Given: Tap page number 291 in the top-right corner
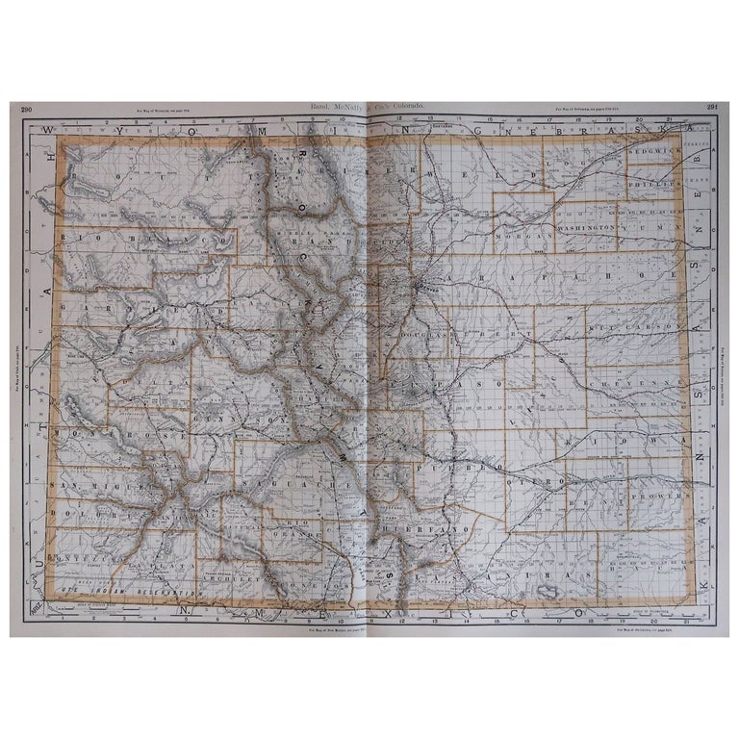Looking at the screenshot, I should tap(713, 108).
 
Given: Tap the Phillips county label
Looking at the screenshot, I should tap(648, 178).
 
